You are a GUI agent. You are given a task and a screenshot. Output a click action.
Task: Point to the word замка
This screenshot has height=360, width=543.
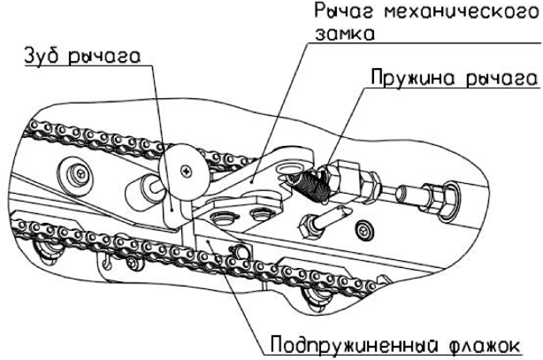point(342,37)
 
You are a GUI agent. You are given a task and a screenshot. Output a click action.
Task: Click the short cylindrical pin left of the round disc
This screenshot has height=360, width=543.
point(149,187)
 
